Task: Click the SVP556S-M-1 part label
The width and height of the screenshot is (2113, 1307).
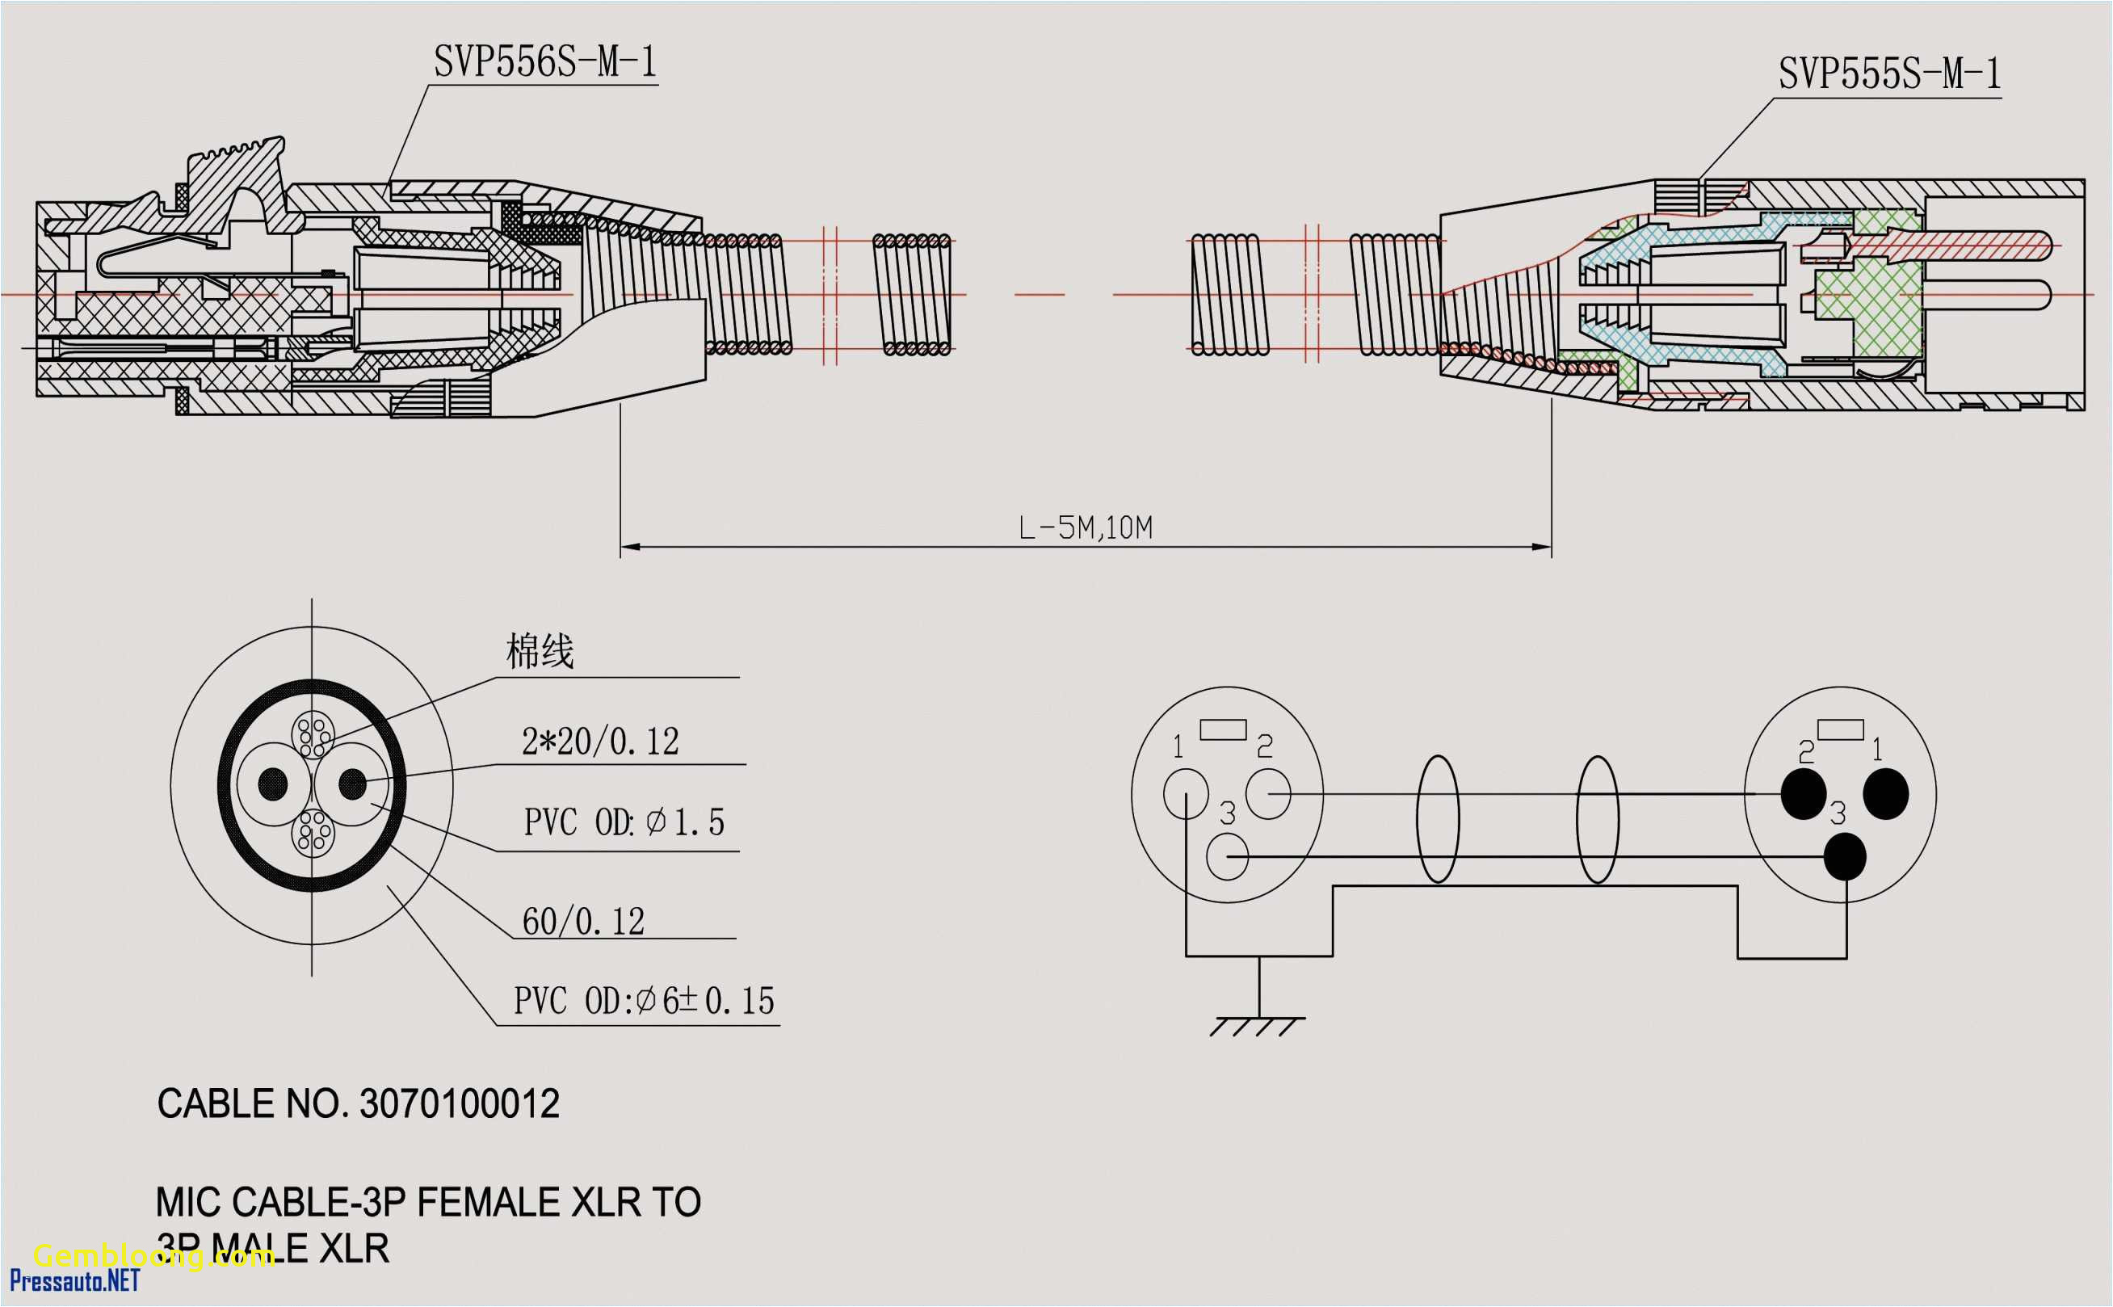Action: pyautogui.click(x=544, y=62)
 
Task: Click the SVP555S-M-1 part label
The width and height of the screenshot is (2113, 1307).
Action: pyautogui.click(x=1889, y=74)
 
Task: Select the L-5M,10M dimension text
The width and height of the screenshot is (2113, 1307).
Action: pyautogui.click(x=1086, y=528)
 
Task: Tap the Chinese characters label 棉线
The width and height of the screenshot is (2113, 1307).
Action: pyautogui.click(x=540, y=652)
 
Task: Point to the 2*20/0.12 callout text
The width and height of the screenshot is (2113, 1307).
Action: pyautogui.click(x=600, y=742)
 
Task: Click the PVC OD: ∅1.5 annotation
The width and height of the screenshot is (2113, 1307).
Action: pyautogui.click(x=624, y=822)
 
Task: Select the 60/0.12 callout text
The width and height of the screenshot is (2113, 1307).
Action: pyautogui.click(x=583, y=922)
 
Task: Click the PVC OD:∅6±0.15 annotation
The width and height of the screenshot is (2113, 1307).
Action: pyautogui.click(x=644, y=1001)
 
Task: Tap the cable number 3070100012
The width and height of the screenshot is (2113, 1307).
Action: pyautogui.click(x=459, y=1105)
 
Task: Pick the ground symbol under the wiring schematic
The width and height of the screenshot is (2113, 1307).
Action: pyautogui.click(x=1258, y=1025)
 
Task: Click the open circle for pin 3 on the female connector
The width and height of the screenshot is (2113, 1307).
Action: pyautogui.click(x=1227, y=856)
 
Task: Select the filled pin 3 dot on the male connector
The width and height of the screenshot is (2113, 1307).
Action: pyautogui.click(x=1844, y=856)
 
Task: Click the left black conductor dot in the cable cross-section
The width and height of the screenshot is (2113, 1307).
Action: pyautogui.click(x=273, y=784)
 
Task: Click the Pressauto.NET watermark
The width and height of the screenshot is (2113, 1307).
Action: pyautogui.click(x=74, y=1281)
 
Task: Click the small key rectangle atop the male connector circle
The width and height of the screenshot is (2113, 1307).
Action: pyautogui.click(x=1840, y=729)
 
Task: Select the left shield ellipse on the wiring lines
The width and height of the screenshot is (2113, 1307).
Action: pyautogui.click(x=1437, y=819)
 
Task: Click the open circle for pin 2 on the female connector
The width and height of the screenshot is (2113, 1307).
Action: pyautogui.click(x=1268, y=793)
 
